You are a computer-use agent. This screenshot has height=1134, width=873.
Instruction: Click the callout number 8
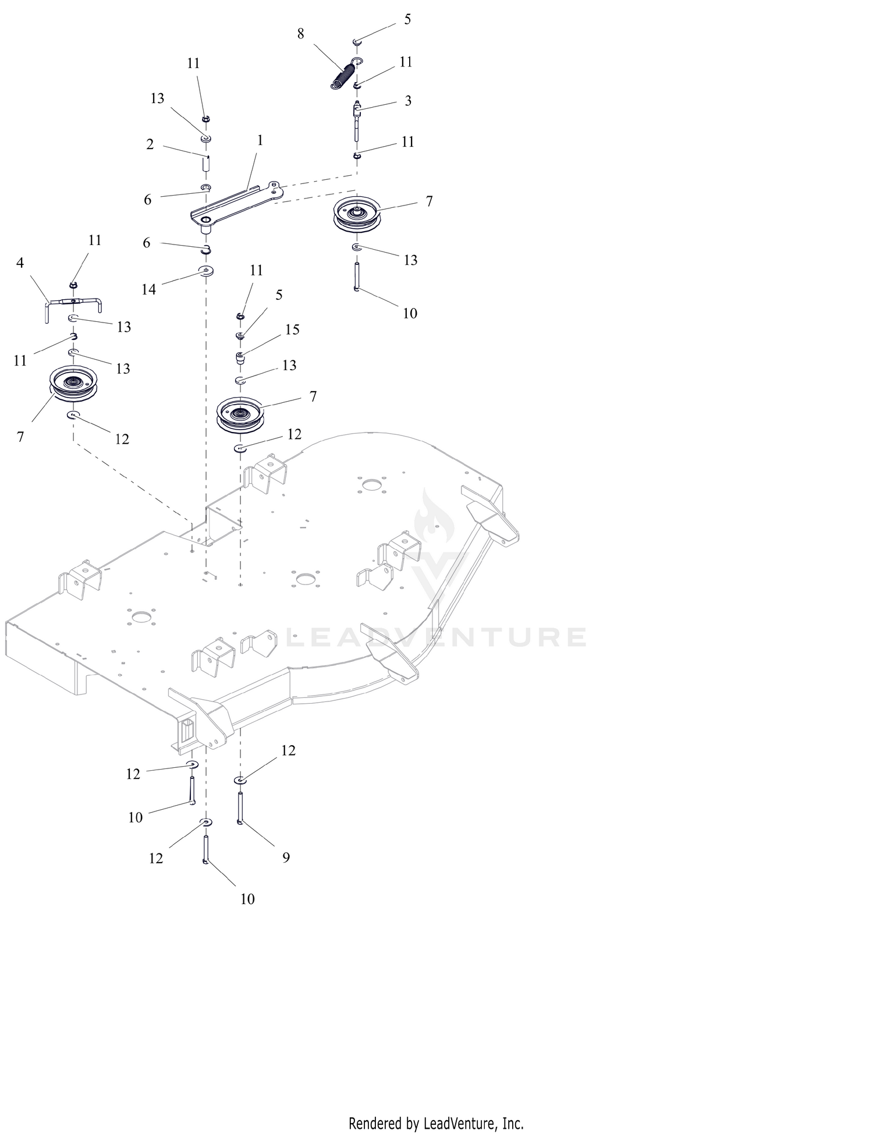(x=300, y=34)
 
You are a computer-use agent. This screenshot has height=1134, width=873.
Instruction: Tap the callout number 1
(x=260, y=140)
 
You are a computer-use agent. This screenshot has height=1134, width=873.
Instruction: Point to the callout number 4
(x=20, y=263)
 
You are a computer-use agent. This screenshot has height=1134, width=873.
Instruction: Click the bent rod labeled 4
(x=74, y=307)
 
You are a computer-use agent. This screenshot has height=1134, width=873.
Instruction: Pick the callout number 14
(x=149, y=289)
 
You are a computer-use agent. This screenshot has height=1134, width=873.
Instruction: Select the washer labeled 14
(x=206, y=271)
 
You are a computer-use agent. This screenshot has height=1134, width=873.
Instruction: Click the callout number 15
(x=292, y=329)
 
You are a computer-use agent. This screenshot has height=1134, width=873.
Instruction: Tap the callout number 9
(x=286, y=857)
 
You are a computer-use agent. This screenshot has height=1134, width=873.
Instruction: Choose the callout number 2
(x=150, y=144)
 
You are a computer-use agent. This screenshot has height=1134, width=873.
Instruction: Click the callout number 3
(x=408, y=101)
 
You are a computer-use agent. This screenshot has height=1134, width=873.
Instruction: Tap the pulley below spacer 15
(x=240, y=414)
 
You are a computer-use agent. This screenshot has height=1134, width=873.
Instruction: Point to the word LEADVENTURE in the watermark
(x=437, y=637)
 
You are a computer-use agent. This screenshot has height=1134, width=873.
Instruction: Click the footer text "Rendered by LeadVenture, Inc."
(x=436, y=1122)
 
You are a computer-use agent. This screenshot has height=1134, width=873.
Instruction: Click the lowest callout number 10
(x=247, y=899)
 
